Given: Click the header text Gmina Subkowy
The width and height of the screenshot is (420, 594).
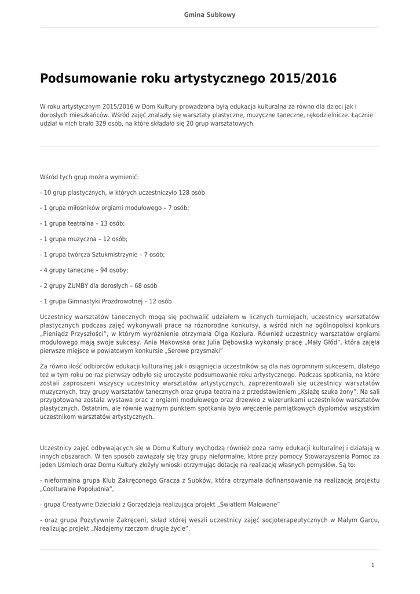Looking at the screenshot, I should tap(210, 15).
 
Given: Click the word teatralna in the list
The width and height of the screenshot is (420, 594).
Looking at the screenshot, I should tap(79, 223).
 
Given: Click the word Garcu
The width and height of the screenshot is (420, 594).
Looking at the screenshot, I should tap(368, 520).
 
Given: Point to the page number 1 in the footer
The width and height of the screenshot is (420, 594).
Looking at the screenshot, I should tap(372, 564).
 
